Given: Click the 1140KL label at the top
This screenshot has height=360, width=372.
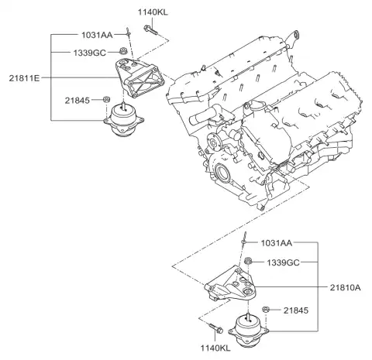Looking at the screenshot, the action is click(153, 12).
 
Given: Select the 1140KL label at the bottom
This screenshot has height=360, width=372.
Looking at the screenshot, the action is click(215, 348).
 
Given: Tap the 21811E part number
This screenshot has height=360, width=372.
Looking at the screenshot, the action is click(24, 78).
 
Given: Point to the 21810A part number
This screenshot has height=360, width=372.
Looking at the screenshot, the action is click(345, 287).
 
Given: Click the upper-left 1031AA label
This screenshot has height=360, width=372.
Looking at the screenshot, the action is click(97, 35).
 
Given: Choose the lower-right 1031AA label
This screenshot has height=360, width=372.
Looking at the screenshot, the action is click(277, 243).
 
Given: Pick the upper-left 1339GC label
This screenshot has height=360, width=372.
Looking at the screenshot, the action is click(90, 53).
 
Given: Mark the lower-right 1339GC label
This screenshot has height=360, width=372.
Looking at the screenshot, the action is click(283, 262).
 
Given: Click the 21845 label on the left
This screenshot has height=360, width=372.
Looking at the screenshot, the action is click(77, 100).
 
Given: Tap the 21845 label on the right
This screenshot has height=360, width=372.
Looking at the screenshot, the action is click(296, 310).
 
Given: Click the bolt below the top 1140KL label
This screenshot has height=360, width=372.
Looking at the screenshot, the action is click(150, 30).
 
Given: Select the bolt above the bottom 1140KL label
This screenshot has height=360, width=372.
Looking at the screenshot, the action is click(216, 328).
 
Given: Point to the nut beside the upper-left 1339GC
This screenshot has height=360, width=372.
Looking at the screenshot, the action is click(123, 50).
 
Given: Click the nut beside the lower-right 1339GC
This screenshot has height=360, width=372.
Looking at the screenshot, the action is click(248, 260).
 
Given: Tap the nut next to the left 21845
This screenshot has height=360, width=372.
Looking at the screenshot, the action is click(106, 99).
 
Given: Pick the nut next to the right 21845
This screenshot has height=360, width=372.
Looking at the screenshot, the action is click(266, 309).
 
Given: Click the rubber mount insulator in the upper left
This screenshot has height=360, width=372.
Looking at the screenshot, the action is click(124, 119).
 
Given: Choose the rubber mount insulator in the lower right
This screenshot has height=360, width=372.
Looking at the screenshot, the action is click(248, 331).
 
